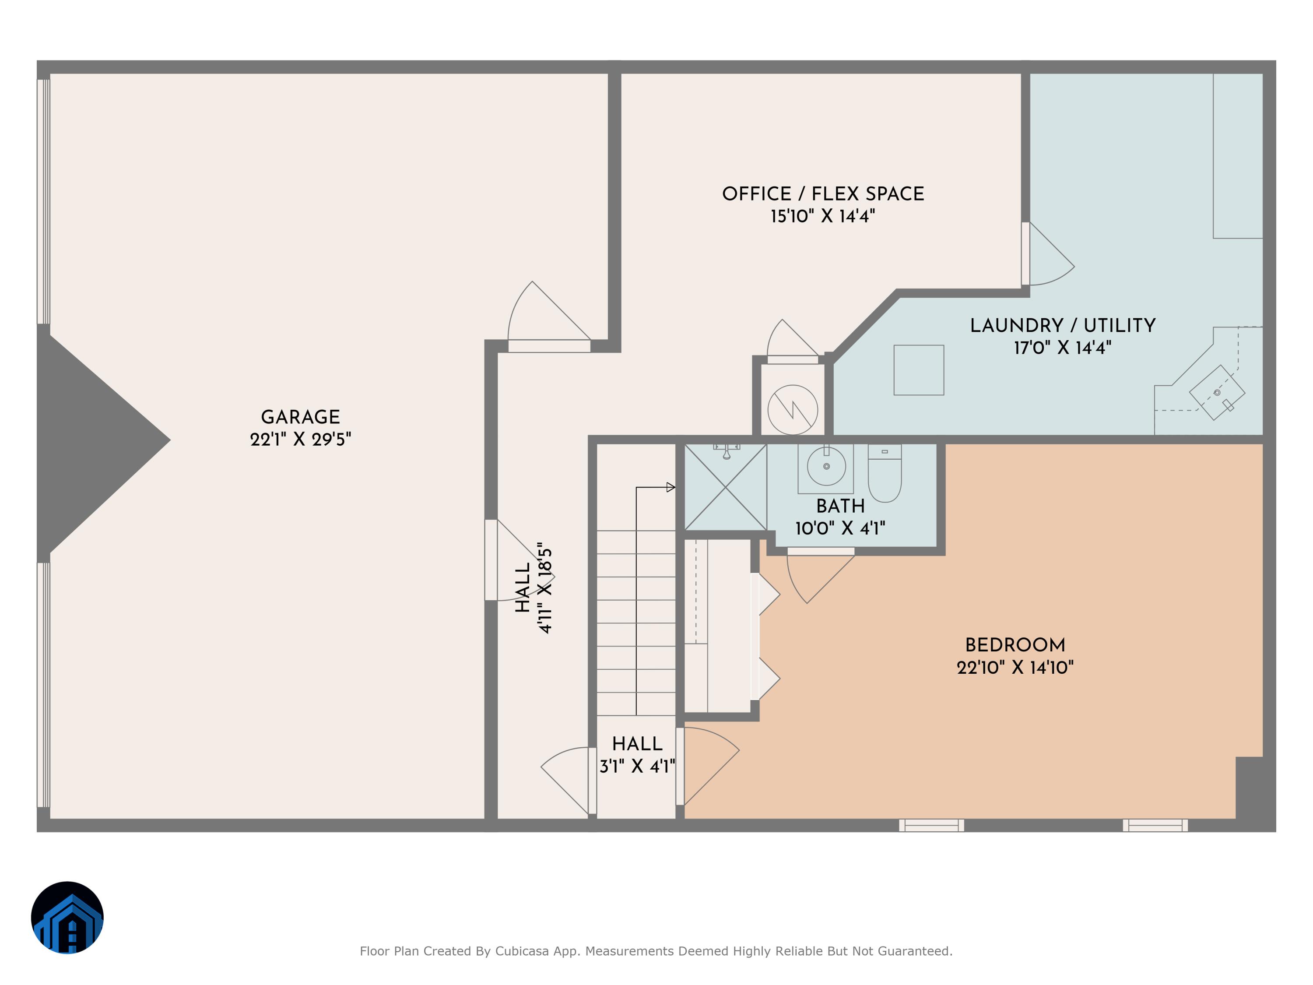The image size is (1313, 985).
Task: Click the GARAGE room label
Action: click(300, 417)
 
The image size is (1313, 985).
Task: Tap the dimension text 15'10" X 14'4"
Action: click(823, 216)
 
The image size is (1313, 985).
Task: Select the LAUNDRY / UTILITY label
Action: click(1063, 325)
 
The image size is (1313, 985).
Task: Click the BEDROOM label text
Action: click(1015, 645)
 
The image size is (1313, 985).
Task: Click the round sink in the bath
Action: click(826, 467)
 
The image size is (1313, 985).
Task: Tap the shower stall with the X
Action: click(725, 487)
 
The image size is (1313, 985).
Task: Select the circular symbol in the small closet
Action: click(793, 410)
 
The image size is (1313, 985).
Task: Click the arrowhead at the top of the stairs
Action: click(671, 487)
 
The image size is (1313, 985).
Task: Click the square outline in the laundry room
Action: click(919, 370)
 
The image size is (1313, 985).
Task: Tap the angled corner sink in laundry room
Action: click(1217, 392)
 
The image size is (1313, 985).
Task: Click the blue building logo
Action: click(67, 917)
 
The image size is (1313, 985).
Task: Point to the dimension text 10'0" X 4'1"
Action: click(840, 528)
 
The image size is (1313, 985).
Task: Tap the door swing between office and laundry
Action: click(1050, 255)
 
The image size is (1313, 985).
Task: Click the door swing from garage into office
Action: click(543, 315)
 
